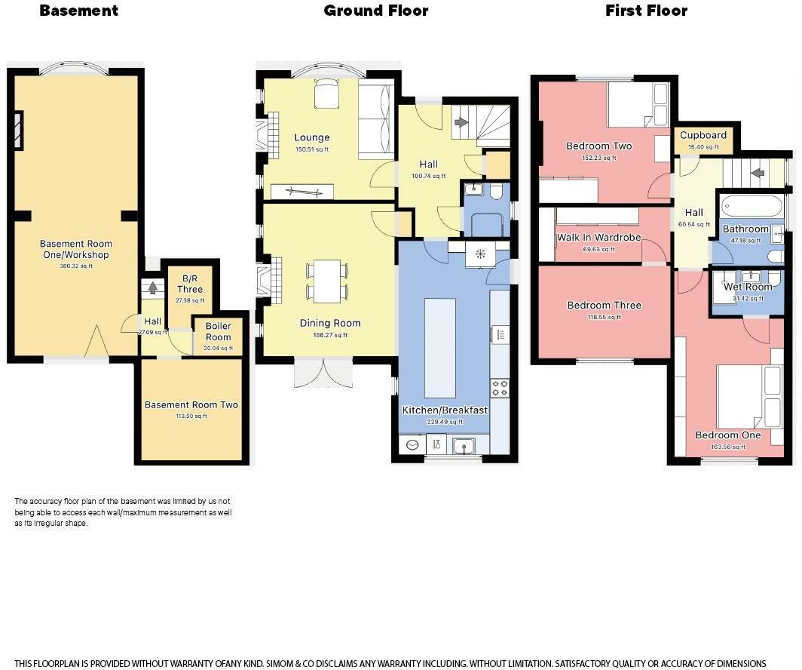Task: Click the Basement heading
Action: pyautogui.click(x=78, y=11)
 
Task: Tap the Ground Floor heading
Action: pyautogui.click(x=376, y=11)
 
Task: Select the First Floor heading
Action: pyautogui.click(x=647, y=11)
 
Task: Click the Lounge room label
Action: pyautogui.click(x=312, y=137)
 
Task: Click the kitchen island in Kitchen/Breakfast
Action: pyautogui.click(x=440, y=348)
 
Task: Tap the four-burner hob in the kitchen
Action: pyautogui.click(x=500, y=388)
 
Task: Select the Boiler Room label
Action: pyautogui.click(x=219, y=332)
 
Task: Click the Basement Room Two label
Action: pyautogui.click(x=191, y=405)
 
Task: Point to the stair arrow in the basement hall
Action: pyautogui.click(x=152, y=287)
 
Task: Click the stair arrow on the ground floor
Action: pyautogui.click(x=461, y=122)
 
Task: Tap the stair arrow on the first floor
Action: pyautogui.click(x=758, y=173)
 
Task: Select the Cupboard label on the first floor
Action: pyautogui.click(x=703, y=135)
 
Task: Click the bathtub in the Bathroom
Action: pyautogui.click(x=752, y=207)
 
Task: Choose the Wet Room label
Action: pyautogui.click(x=748, y=287)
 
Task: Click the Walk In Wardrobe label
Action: pyautogui.click(x=599, y=238)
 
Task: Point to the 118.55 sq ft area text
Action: pyautogui.click(x=604, y=318)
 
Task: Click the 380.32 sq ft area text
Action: pyautogui.click(x=76, y=266)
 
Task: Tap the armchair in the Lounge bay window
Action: pyautogui.click(x=326, y=93)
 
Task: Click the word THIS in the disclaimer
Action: pyautogui.click(x=24, y=664)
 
